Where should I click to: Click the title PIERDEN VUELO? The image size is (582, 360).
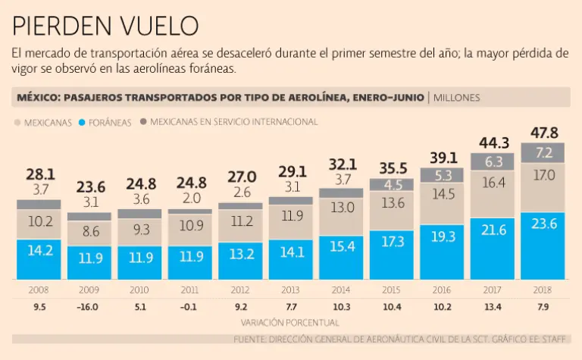click(105, 26)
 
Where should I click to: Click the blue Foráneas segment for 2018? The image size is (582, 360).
click(544, 245)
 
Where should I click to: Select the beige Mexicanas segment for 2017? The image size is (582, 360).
click(493, 194)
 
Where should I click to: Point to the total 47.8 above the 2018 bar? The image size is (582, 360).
click(544, 133)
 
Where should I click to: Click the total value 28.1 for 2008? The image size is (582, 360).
click(39, 174)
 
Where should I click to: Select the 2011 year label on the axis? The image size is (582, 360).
click(190, 290)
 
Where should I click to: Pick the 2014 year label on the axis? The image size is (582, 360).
click(342, 290)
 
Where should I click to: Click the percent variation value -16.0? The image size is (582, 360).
click(89, 308)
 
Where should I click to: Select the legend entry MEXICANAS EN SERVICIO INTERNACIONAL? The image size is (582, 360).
click(232, 121)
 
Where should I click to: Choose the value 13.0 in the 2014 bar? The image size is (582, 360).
click(342, 207)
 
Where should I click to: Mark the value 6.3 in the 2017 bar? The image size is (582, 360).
click(493, 161)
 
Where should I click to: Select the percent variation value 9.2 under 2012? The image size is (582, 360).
click(241, 308)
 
